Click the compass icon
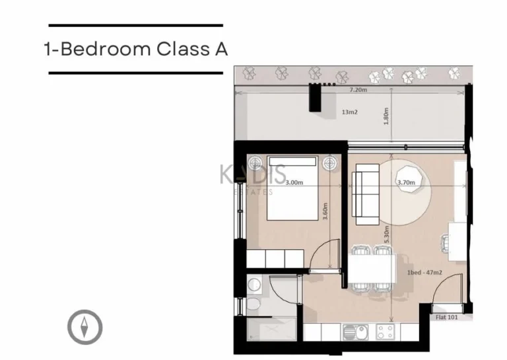(85, 327)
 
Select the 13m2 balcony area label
(349, 112)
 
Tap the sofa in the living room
(364, 194)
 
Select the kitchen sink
(351, 330)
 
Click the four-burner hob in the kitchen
(385, 330)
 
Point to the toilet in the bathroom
(252, 305)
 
